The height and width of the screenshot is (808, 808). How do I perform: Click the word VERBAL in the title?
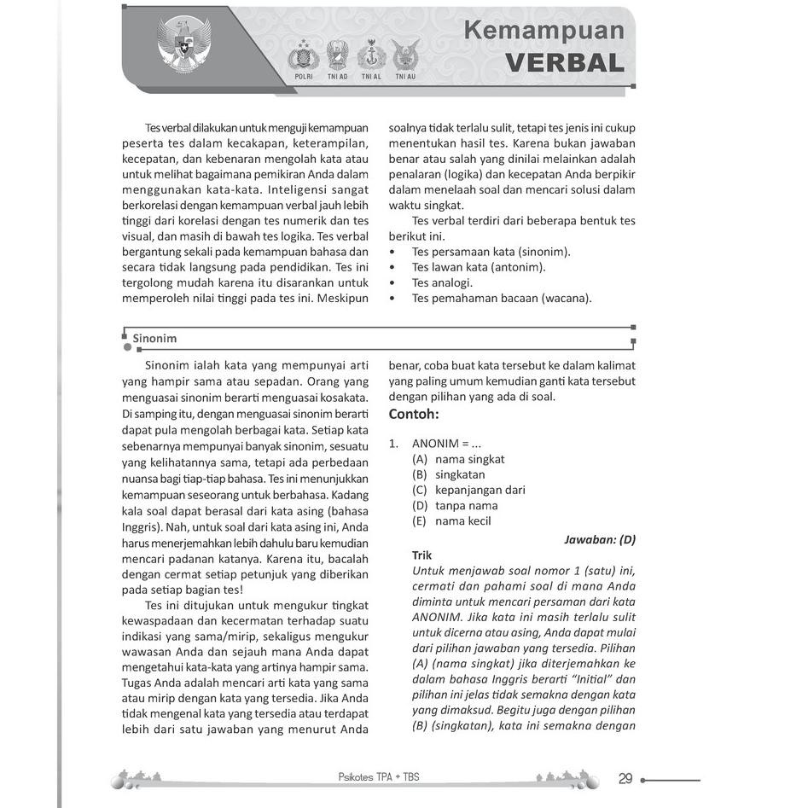(564, 63)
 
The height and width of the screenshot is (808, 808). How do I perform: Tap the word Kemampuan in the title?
(544, 31)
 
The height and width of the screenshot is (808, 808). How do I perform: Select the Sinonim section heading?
(154, 338)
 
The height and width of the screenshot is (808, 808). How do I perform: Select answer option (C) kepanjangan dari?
(469, 490)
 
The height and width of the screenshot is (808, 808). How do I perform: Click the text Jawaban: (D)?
(600, 539)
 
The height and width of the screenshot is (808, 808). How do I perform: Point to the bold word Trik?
(421, 555)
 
